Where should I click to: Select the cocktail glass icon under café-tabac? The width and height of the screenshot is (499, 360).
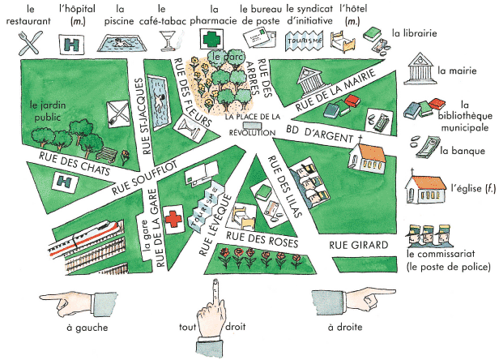click(x=168, y=40)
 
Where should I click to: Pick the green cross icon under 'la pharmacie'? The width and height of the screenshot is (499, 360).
click(x=211, y=39)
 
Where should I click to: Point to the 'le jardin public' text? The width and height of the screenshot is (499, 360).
click(x=46, y=109)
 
